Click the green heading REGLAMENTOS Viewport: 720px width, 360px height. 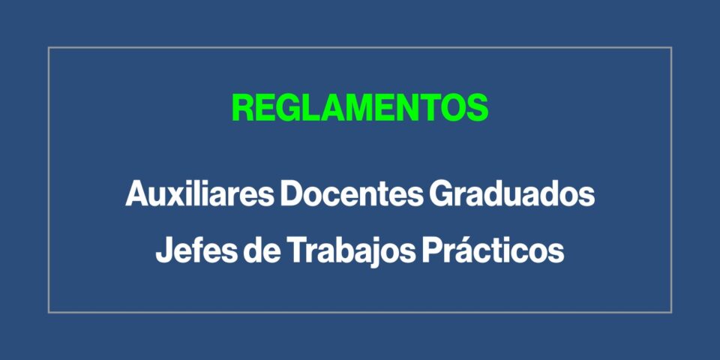point(360,107)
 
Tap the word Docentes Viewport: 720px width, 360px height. point(351,193)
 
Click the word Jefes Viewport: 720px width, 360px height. point(196,250)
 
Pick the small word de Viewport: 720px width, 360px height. point(262,250)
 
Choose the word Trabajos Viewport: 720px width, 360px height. point(351,252)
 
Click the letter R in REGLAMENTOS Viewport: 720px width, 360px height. point(243,107)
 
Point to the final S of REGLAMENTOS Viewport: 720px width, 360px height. point(477,107)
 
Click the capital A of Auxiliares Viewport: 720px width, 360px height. point(138,193)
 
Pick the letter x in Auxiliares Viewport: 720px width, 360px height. point(181,197)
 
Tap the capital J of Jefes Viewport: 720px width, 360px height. point(164,250)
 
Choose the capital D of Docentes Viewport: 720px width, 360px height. point(292,193)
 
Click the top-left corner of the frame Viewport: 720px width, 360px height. point(49,47)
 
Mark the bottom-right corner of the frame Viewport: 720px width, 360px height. point(671,313)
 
